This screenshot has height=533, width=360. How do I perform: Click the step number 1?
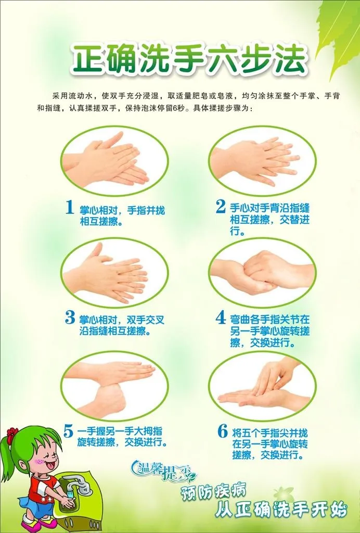(70, 207)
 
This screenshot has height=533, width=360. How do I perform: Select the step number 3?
(70, 318)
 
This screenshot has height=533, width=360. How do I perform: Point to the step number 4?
(221, 318)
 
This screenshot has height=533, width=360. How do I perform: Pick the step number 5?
(69, 431)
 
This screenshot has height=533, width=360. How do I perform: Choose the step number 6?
(223, 431)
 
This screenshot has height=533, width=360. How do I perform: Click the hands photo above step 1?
(114, 161)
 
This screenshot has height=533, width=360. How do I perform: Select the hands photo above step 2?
(263, 161)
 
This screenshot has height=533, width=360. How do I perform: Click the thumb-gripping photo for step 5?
(114, 386)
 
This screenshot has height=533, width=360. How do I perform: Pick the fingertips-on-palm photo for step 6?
(263, 386)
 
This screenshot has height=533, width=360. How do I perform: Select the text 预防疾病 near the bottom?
(214, 491)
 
